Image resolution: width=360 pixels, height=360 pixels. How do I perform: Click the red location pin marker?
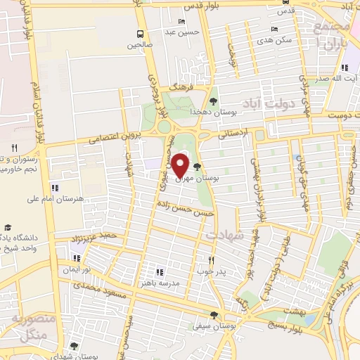180,165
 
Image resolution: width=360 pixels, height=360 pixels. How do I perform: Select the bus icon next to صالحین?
140,33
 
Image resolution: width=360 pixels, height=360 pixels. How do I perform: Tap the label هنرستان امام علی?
82,199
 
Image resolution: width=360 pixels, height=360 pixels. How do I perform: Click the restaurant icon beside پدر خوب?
209,259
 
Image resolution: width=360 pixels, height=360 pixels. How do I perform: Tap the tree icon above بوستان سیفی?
214,315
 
